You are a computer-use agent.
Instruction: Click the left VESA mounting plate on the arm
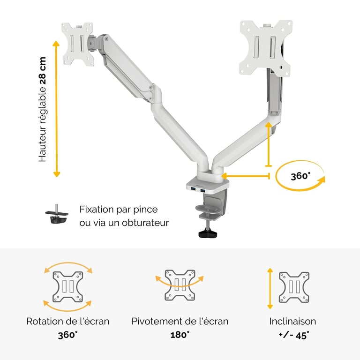(x=78, y=44)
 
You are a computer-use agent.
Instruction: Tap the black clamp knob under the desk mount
(x=208, y=234)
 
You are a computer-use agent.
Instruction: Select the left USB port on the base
(x=193, y=189)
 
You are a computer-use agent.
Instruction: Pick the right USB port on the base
(x=202, y=190)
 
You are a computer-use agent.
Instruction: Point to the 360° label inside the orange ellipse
(x=300, y=176)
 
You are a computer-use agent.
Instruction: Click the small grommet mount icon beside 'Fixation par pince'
(x=57, y=214)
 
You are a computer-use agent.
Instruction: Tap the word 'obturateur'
(x=145, y=223)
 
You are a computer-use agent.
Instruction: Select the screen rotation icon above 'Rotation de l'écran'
(x=67, y=286)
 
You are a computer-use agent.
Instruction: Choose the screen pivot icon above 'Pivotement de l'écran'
(x=180, y=285)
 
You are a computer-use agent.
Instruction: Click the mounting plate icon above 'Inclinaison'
(x=294, y=287)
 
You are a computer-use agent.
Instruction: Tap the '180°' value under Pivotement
(x=180, y=335)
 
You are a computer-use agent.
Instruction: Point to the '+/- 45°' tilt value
(x=293, y=335)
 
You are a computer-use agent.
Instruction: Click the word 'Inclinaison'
(x=292, y=321)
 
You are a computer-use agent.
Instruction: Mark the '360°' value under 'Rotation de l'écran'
(x=67, y=335)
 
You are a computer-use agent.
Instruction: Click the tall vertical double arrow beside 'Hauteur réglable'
(x=56, y=109)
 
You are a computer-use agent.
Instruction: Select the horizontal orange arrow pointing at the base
(x=246, y=176)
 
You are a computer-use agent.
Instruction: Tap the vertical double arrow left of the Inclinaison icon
(x=270, y=288)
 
